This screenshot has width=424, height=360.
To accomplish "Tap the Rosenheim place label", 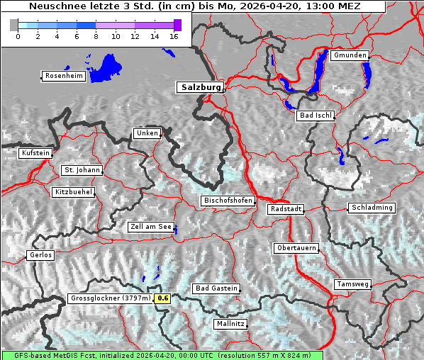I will (x=63, y=76).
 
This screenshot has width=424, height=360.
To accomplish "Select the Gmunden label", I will (x=350, y=55).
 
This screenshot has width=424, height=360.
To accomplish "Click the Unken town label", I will (x=147, y=133).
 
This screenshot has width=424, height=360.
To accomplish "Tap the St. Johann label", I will (x=82, y=170).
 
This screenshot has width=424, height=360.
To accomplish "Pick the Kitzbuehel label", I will (x=74, y=192).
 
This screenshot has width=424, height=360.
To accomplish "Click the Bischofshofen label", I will (x=228, y=201).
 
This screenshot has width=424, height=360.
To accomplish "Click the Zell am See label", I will (x=151, y=227).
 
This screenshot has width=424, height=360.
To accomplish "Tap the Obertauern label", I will (x=296, y=248).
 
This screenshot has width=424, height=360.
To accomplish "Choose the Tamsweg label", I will (x=352, y=284).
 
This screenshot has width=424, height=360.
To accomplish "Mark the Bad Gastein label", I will (x=216, y=288).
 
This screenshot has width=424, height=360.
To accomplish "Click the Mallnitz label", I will (x=230, y=324).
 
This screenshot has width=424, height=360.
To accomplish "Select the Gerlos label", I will (x=40, y=255).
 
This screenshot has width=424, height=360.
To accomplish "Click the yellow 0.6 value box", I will (x=163, y=298).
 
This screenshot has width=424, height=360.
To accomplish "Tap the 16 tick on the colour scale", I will (x=174, y=36).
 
